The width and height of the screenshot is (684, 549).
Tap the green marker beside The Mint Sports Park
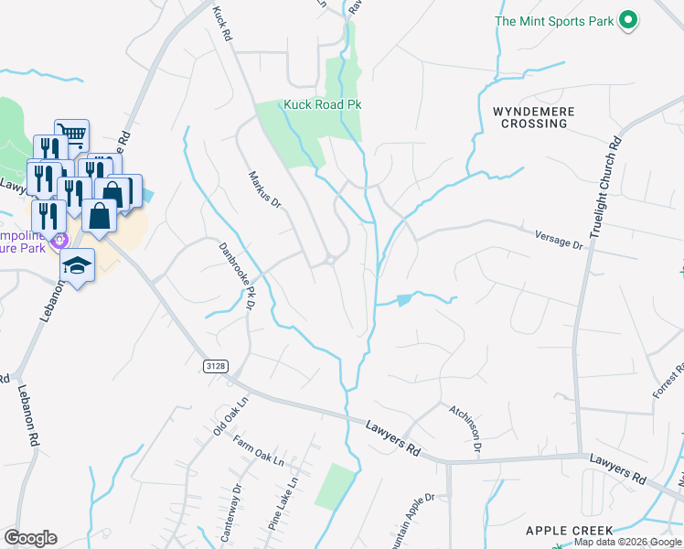(x=627, y=19)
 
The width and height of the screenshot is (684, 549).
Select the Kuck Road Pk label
(x=323, y=104)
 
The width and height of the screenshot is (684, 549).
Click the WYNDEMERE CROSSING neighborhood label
(x=534, y=117)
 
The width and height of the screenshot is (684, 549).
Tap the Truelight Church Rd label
(x=604, y=188)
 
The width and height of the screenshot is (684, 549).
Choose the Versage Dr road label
(x=559, y=240)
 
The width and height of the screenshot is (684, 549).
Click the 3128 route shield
(x=214, y=365)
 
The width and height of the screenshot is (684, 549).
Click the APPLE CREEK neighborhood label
(x=569, y=531)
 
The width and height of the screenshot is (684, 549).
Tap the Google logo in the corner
(x=30, y=538)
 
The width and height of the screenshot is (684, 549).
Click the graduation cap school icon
(x=78, y=265)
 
